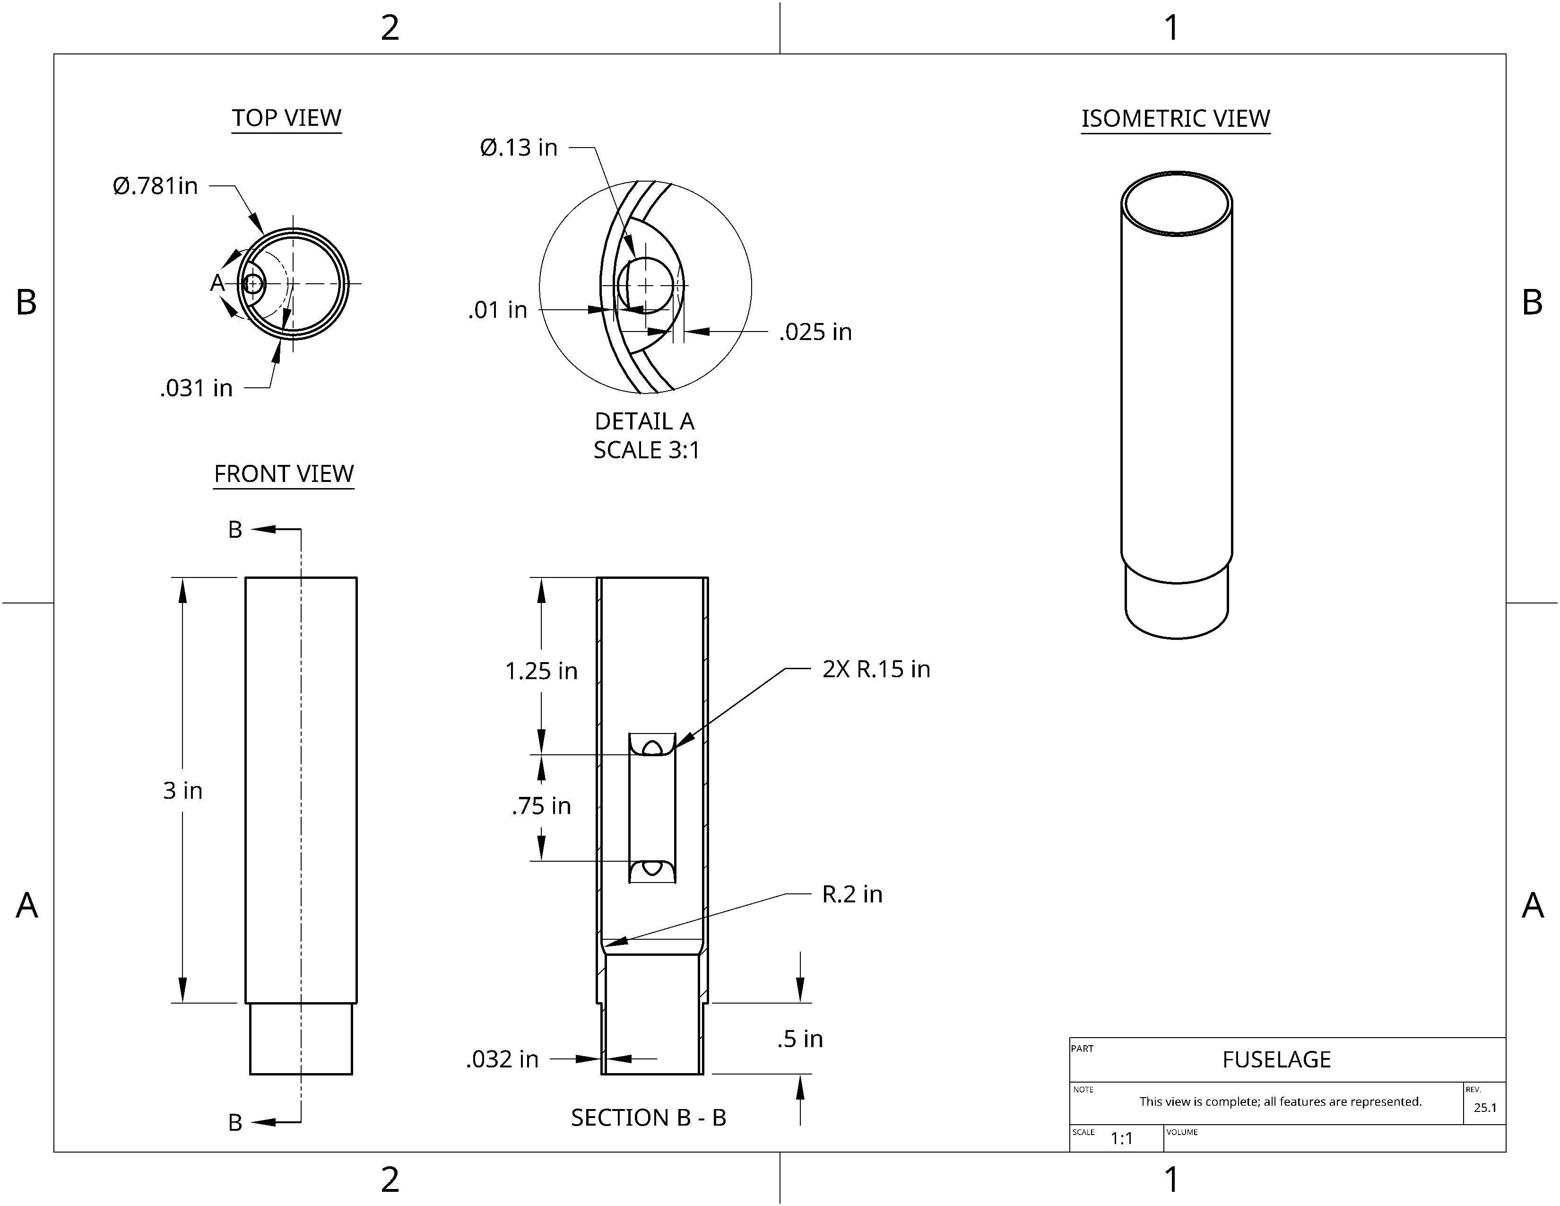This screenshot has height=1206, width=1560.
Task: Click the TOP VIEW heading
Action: coord(286,118)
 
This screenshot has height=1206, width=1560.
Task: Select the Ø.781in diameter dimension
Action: coord(155,186)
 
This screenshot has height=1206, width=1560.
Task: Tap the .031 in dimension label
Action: coord(197,388)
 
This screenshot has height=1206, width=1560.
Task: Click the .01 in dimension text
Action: coord(498,310)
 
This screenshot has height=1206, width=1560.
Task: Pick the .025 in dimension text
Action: coord(816,332)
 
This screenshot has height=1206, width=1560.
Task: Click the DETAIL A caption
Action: coord(644,421)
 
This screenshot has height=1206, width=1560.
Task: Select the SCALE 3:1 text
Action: coord(646,450)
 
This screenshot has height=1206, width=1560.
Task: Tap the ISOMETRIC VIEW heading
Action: coord(1176,119)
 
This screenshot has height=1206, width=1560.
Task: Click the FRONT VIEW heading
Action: coord(284,474)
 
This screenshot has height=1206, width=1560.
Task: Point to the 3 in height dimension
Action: coord(183,790)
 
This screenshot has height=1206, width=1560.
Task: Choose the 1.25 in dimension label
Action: coord(541,671)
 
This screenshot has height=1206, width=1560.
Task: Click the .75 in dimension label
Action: coord(541,806)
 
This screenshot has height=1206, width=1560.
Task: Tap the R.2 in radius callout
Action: coord(852,894)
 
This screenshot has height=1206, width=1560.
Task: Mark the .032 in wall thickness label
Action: coord(502,1059)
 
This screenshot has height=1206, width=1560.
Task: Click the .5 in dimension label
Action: coord(800,1039)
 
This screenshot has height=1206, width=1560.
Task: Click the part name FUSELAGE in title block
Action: coord(1276,1059)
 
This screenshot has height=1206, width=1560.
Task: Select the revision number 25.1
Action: coord(1485,1108)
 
